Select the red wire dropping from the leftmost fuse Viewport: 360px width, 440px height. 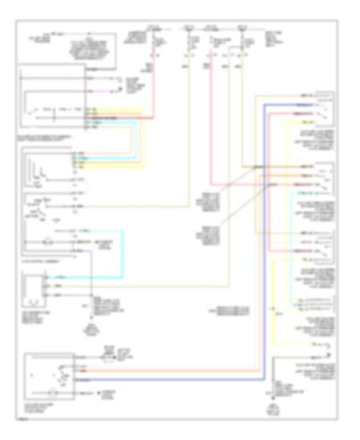pyautogui.click(x=156, y=76)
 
